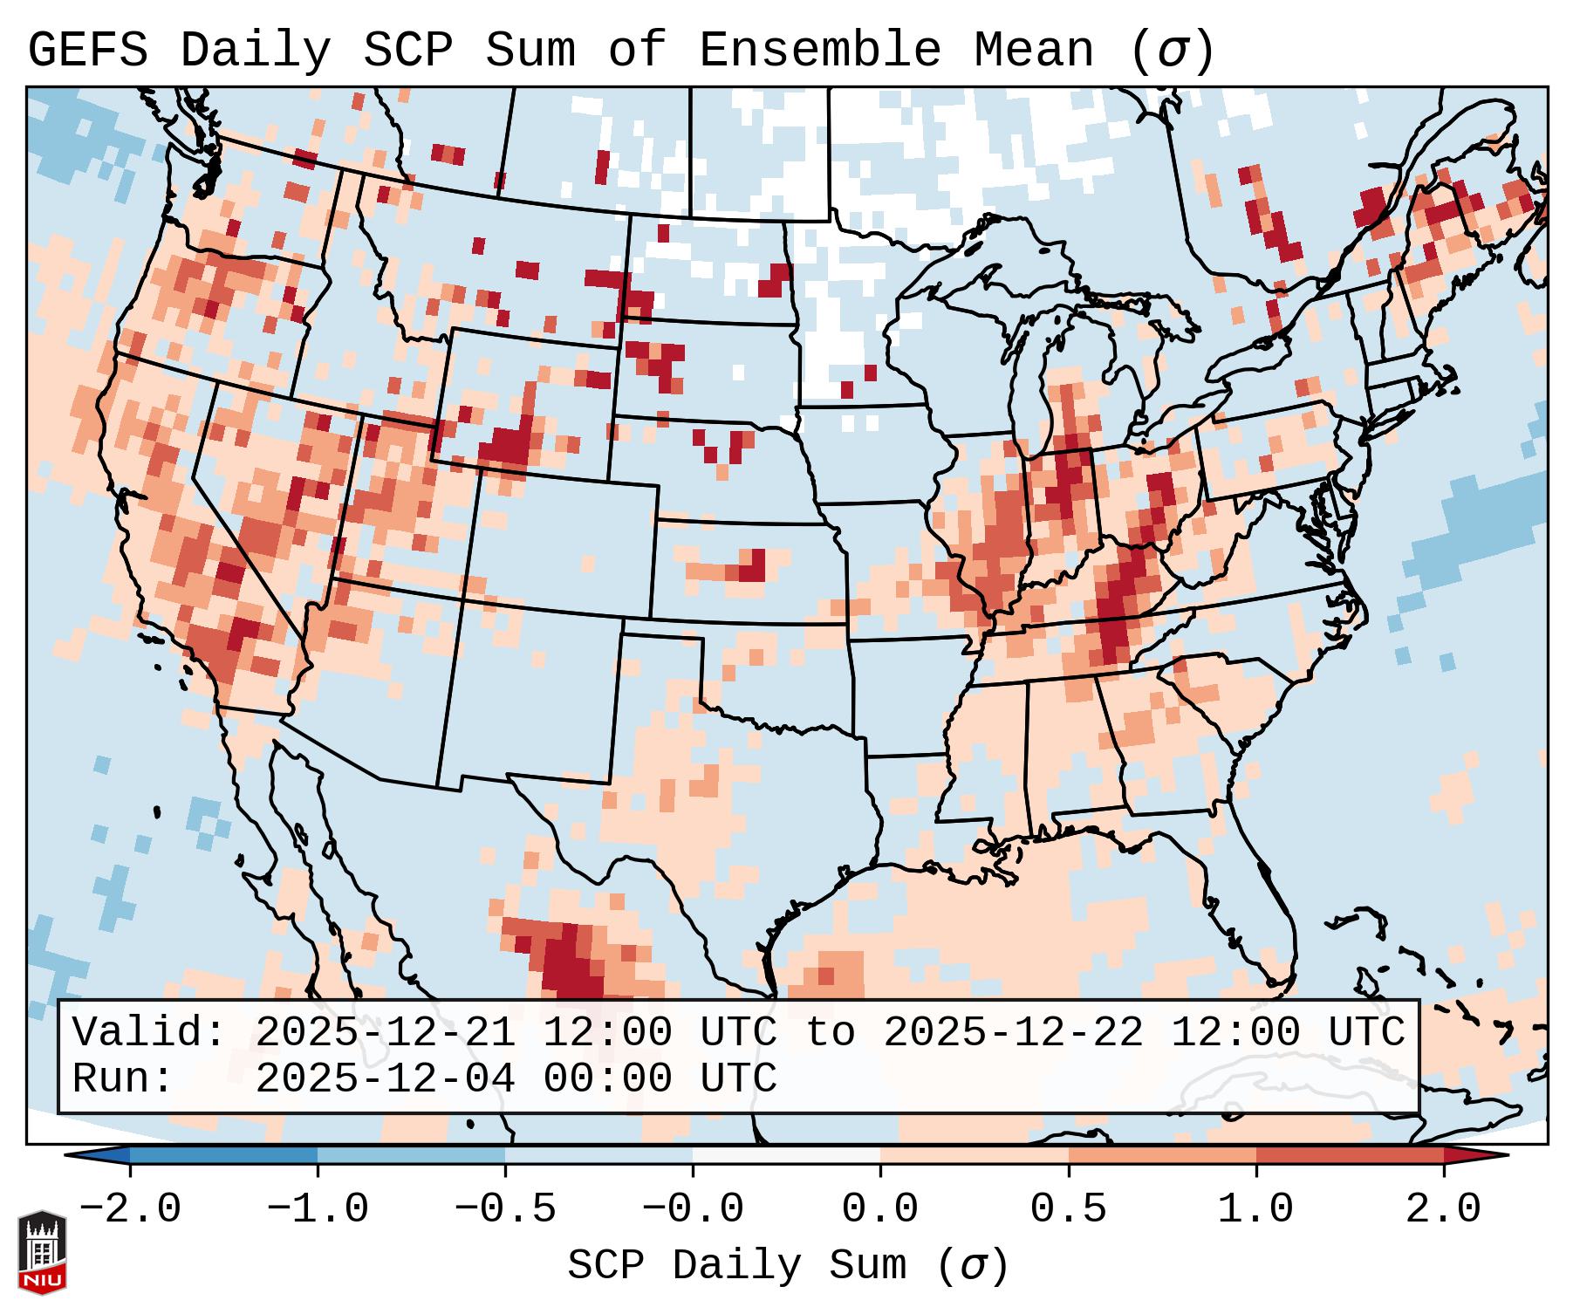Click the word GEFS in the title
pyautogui.click(x=87, y=51)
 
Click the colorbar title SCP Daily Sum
pyautogui.click(x=737, y=1266)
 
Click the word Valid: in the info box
pyautogui.click(x=149, y=1033)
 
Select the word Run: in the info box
pyautogui.click(x=123, y=1079)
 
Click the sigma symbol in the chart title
pyautogui.click(x=1173, y=51)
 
